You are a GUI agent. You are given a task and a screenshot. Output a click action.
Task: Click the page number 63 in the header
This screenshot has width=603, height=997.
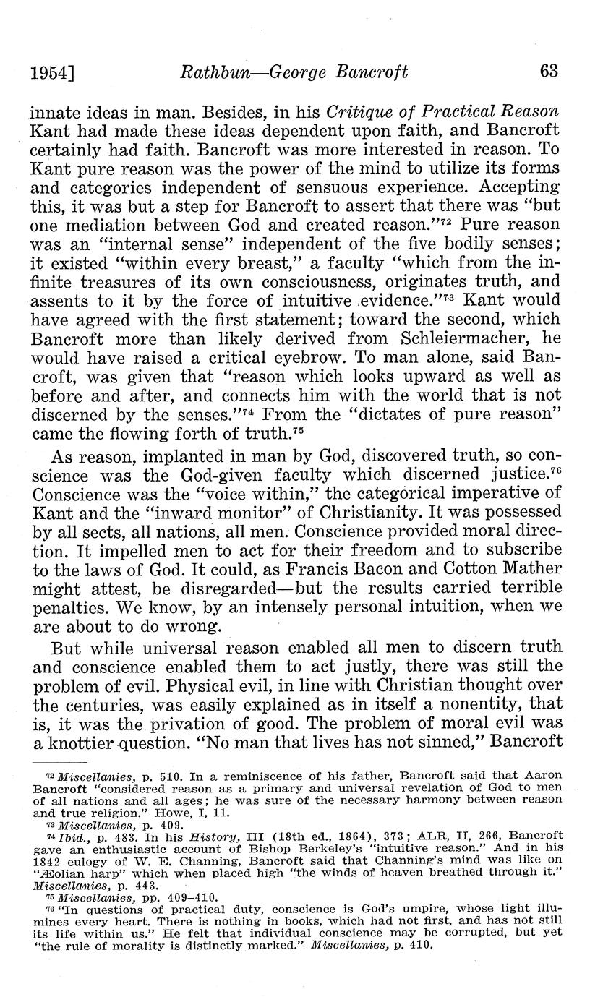pos(549,71)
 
